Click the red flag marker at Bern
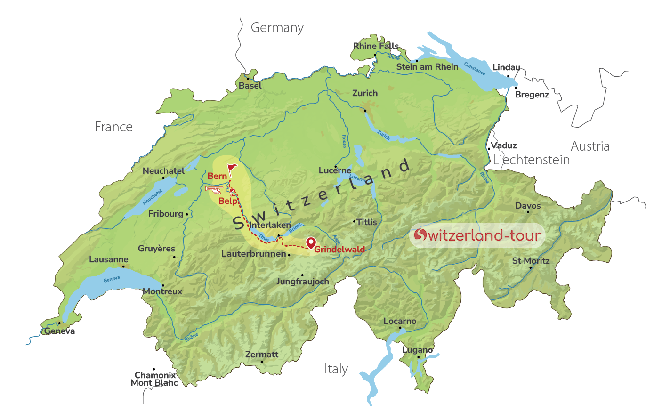pyautogui.click(x=232, y=169)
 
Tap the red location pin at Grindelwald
pyautogui.click(x=311, y=243)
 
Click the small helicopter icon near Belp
pyautogui.click(x=214, y=189)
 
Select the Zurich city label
pyautogui.click(x=365, y=93)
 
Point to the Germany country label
pyautogui.click(x=277, y=28)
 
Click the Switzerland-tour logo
pyautogui.click(x=477, y=235)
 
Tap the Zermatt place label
pyautogui.click(x=262, y=355)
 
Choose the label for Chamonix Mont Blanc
pyautogui.click(x=154, y=379)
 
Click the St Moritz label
pyautogui.click(x=531, y=261)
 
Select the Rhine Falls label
pyautogui.click(x=376, y=46)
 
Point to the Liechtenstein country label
pyautogui.click(x=531, y=160)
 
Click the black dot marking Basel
pyautogui.click(x=248, y=79)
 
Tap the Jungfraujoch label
pyautogui.click(x=303, y=282)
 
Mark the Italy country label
pyautogui.click(x=336, y=369)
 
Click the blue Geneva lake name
pyautogui.click(x=112, y=279)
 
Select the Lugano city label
pyautogui.click(x=417, y=350)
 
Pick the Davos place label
pyautogui.click(x=528, y=206)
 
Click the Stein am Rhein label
pyautogui.click(x=427, y=67)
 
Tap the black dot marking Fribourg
pyautogui.click(x=187, y=214)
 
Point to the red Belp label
pyautogui.click(x=227, y=201)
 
